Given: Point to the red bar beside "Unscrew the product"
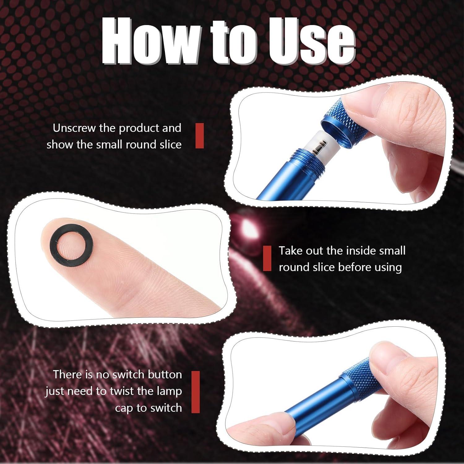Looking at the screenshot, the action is coord(200,136).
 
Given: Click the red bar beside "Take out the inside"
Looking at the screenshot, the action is coord(267,258).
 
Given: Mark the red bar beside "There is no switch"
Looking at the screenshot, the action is coord(195,392).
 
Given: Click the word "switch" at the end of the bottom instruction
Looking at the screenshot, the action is coord(166,408).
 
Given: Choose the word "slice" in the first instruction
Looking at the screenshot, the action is coord(170,145).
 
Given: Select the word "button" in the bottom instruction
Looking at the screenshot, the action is coord(165,375).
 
